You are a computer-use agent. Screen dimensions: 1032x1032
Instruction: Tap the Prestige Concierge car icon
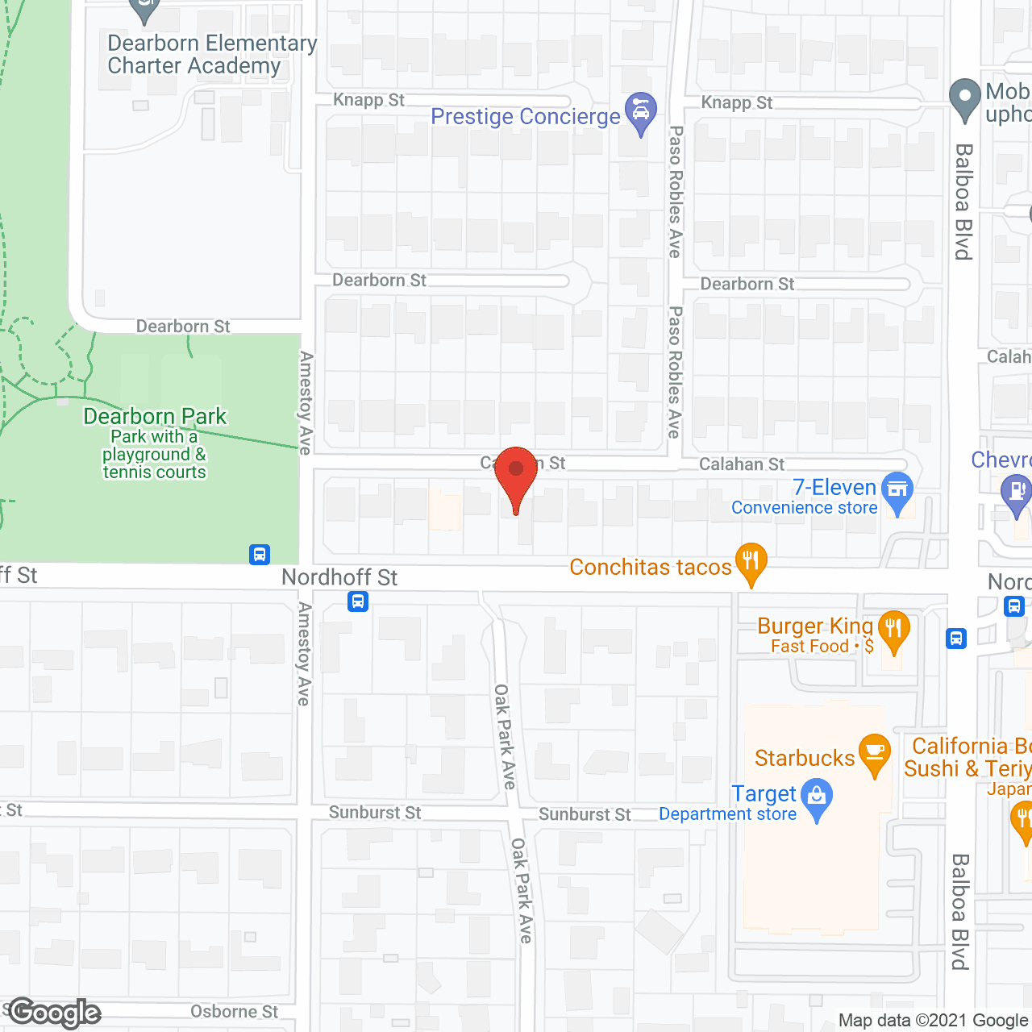(640, 113)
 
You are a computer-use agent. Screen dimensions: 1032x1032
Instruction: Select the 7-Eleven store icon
(897, 492)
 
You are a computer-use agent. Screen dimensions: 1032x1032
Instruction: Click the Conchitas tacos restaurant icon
(751, 563)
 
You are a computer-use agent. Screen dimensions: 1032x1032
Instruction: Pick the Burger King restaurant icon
(893, 631)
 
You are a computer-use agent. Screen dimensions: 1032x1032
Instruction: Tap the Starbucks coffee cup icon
(874, 754)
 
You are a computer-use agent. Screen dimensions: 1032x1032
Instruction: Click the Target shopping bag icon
(818, 799)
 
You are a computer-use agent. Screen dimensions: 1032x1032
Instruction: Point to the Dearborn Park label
(155, 417)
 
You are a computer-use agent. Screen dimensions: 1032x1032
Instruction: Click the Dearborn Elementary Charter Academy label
(212, 54)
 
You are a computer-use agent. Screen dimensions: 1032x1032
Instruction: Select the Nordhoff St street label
(339, 577)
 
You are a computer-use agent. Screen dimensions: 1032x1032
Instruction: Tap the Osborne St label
(234, 1012)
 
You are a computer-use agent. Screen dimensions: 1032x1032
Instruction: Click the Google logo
(55, 1013)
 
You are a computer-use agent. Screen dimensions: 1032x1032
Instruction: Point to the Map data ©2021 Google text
(934, 1021)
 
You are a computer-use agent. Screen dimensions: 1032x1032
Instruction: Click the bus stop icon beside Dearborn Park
(260, 555)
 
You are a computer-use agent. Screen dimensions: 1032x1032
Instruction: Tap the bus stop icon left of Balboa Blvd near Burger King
(956, 639)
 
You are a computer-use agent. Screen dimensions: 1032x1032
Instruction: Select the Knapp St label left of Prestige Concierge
(369, 100)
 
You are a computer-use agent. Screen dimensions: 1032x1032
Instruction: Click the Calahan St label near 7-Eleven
(742, 464)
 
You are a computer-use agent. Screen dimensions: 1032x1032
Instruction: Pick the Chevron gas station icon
(1016, 493)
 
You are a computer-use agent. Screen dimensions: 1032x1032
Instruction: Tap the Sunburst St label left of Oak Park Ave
(375, 813)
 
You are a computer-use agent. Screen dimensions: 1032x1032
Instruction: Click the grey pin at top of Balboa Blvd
(964, 98)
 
